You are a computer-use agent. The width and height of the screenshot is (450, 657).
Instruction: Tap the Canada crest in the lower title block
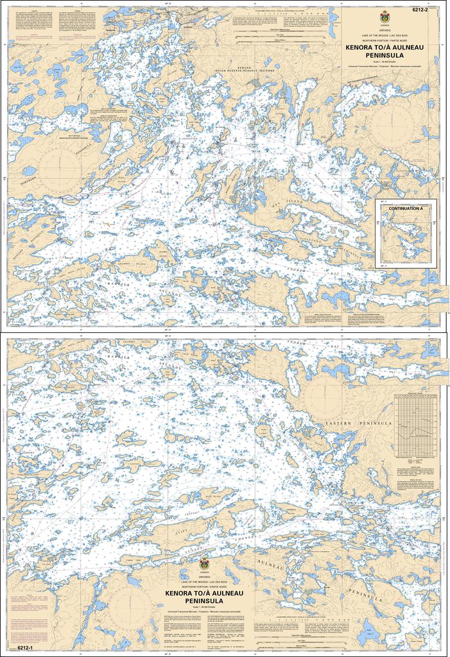tap(204, 564)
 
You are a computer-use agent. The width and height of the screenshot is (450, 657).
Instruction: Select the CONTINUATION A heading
tap(406, 209)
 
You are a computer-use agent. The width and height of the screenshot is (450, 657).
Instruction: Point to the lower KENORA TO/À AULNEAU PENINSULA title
tap(204, 597)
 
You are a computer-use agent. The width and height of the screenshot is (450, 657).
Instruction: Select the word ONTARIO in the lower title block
tap(204, 578)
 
